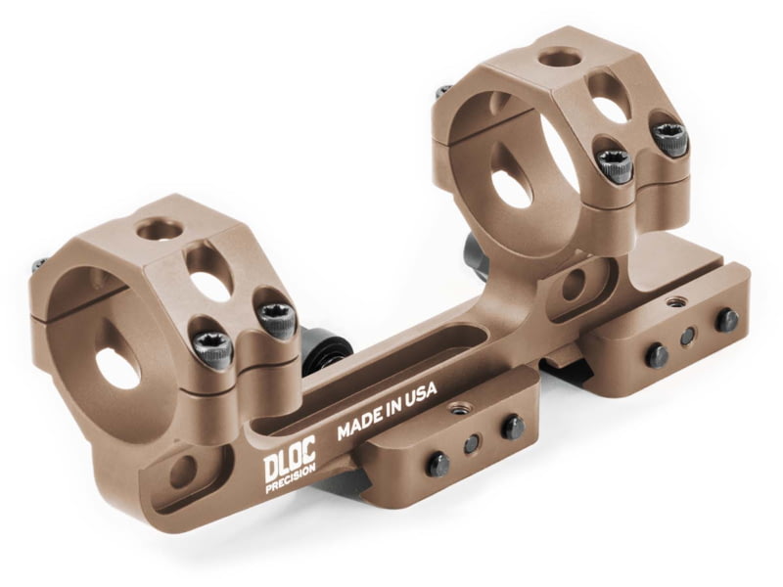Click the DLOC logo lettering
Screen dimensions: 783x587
click(x=290, y=460)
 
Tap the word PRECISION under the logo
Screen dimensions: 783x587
click(x=291, y=479)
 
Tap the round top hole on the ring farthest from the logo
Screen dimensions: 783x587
click(x=561, y=57)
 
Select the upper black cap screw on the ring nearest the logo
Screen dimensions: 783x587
click(x=277, y=319)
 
